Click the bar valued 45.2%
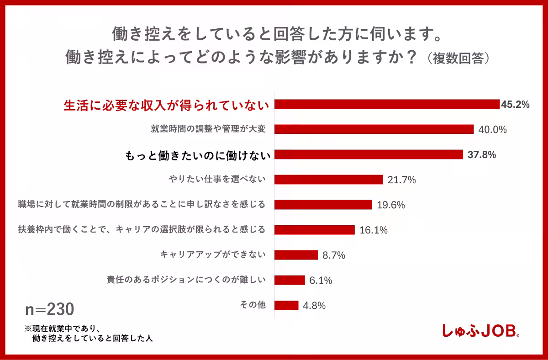[x=387, y=104]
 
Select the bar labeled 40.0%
[x=374, y=129]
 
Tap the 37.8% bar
[x=369, y=154]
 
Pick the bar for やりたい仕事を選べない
[x=328, y=180]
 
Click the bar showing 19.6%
[x=323, y=205]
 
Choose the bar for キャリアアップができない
[x=296, y=255]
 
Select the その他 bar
[x=286, y=305]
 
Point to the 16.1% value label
[x=374, y=230]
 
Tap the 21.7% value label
[x=401, y=180]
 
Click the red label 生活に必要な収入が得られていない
[x=165, y=105]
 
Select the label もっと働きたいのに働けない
[x=197, y=155]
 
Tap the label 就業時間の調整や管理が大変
[x=208, y=129]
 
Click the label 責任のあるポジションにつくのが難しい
[x=185, y=280]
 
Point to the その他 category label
[x=253, y=305]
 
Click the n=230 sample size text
[x=49, y=309]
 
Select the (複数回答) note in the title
[x=457, y=58]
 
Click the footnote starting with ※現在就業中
[x=89, y=334]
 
